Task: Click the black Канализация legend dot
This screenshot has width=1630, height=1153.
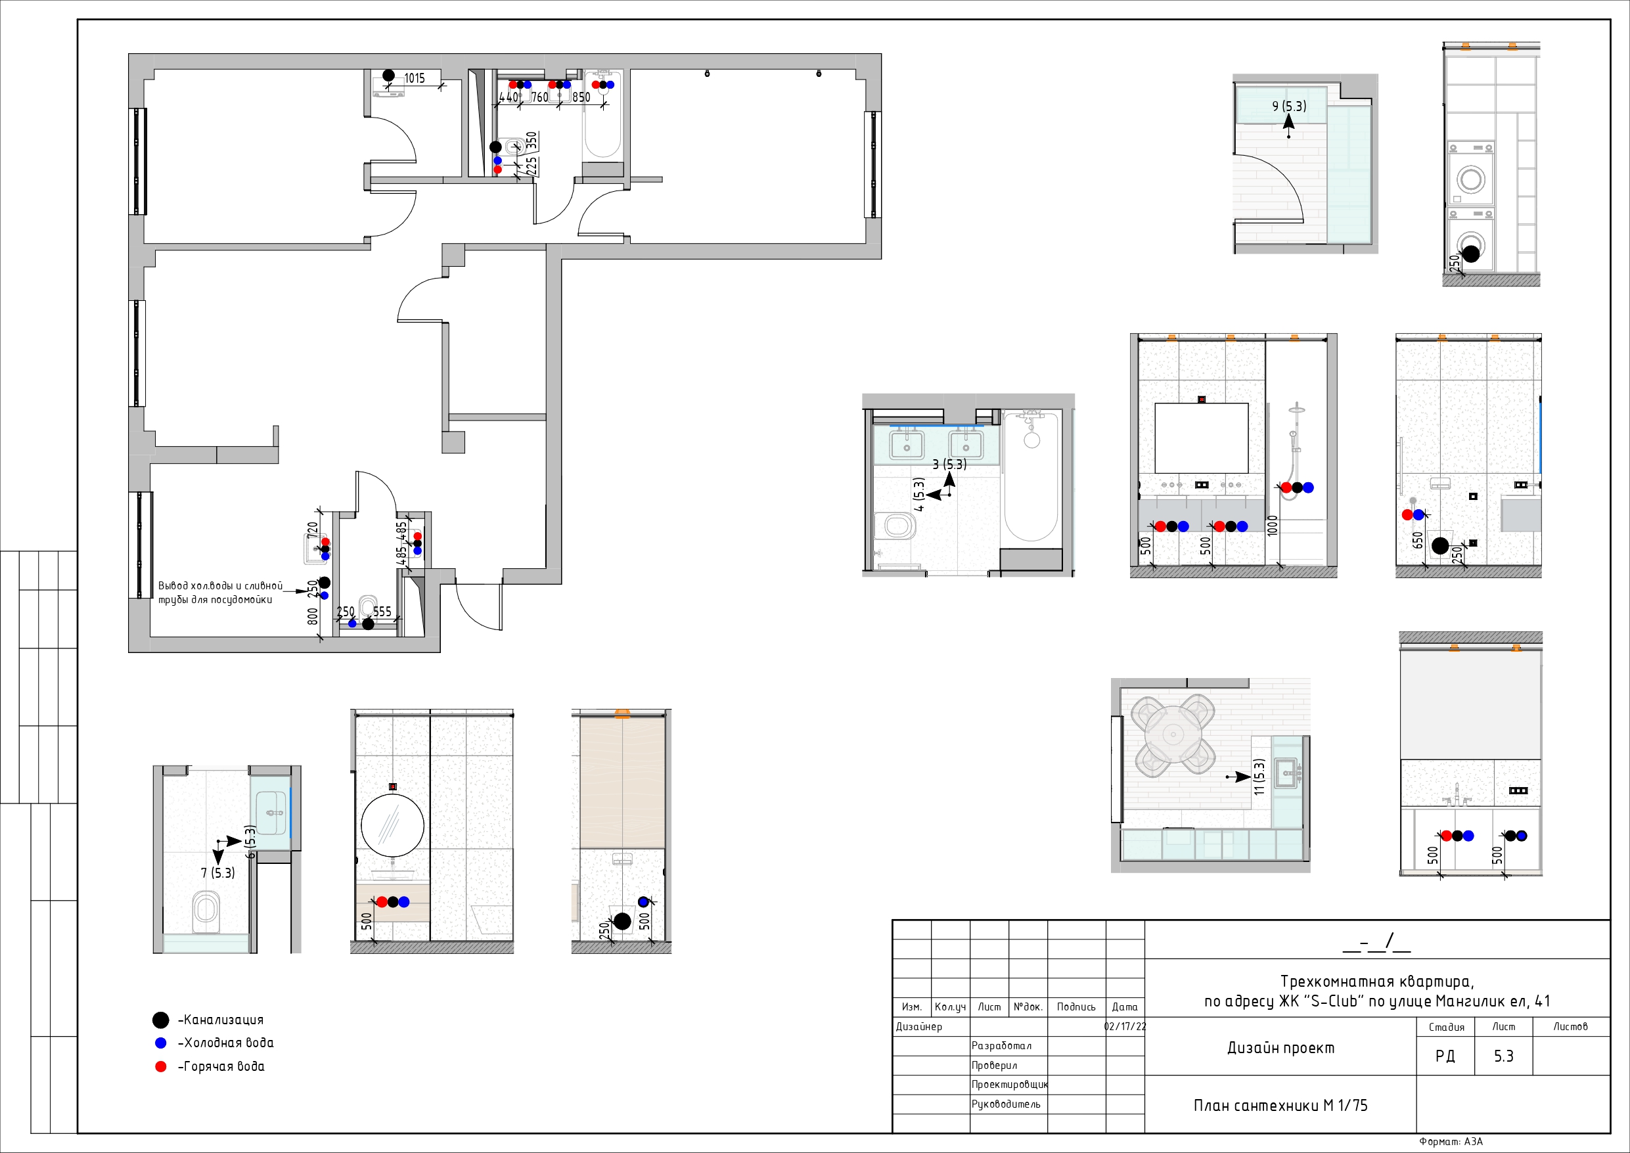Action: [x=160, y=1020]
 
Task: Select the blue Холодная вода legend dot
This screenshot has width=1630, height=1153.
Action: [x=160, y=1043]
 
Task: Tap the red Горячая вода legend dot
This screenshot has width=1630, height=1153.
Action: [x=160, y=1066]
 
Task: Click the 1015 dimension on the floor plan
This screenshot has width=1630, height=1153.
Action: [x=415, y=78]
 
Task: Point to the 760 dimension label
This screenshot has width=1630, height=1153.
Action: [x=539, y=97]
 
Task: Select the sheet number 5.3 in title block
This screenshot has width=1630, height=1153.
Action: [x=1503, y=1056]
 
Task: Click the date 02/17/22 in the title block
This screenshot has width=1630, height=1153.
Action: [x=1125, y=1027]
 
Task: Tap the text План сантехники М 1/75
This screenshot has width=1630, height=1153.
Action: [x=1280, y=1106]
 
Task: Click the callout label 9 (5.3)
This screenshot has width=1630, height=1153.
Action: [x=1289, y=106]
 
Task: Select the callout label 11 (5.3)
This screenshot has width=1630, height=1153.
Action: [x=1259, y=777]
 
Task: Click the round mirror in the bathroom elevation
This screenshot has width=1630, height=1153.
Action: [x=393, y=825]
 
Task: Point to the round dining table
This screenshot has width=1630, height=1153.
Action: [x=1174, y=734]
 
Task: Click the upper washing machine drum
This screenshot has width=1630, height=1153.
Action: [x=1471, y=178]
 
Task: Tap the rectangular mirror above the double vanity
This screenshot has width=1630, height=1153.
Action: [x=1201, y=438]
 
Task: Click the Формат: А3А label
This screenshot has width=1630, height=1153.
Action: [x=1451, y=1142]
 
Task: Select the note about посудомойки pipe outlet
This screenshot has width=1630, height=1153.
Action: [x=219, y=592]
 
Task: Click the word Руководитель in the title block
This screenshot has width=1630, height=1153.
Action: [x=1005, y=1104]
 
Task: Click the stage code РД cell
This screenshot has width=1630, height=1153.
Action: [x=1445, y=1056]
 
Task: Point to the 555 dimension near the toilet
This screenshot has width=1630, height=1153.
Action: [x=382, y=611]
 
